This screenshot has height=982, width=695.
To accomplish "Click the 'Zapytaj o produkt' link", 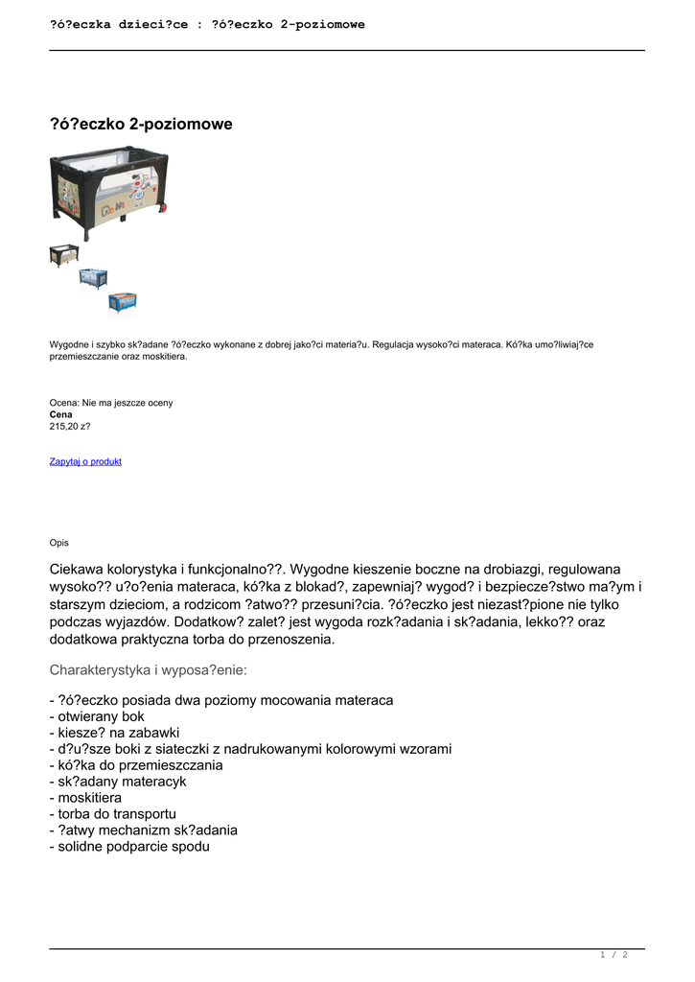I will pyautogui.click(x=85, y=461).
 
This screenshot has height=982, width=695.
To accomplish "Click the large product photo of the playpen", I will pyautogui.click(x=108, y=192).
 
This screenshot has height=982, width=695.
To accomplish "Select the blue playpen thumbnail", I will pyautogui.click(x=93, y=278).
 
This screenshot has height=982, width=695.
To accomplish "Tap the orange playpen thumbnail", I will pyautogui.click(x=122, y=302).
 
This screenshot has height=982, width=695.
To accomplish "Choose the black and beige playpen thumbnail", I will pyautogui.click(x=64, y=255).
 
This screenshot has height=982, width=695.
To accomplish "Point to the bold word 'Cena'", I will pyautogui.click(x=61, y=414).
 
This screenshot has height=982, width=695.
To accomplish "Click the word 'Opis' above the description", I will pyautogui.click(x=59, y=543).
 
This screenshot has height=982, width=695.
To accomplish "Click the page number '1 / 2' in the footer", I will pyautogui.click(x=614, y=954).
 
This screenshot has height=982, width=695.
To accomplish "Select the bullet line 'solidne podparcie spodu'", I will pyautogui.click(x=128, y=847).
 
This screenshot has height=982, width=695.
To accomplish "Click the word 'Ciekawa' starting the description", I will pyautogui.click(x=79, y=569).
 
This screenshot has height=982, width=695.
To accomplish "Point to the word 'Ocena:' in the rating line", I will pyautogui.click(x=65, y=403).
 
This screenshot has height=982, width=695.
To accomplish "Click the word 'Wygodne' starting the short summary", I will pyautogui.click(x=69, y=344).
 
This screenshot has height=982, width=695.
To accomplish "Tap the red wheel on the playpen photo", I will pyautogui.click(x=165, y=206).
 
